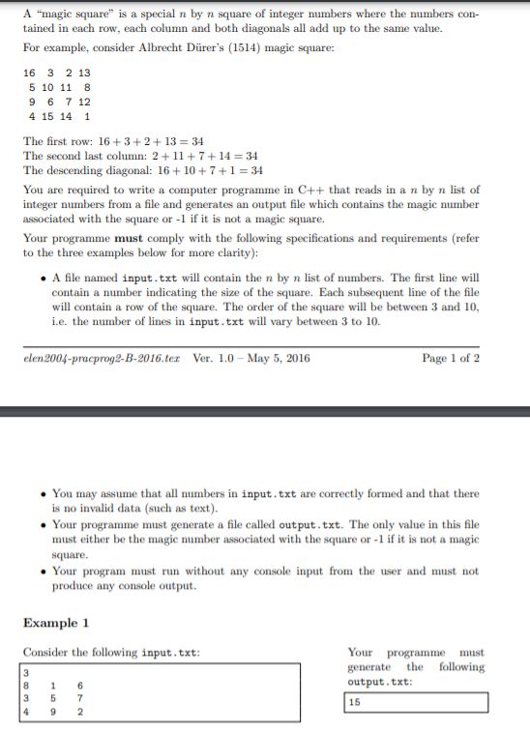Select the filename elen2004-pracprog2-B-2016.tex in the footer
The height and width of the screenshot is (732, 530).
(103, 358)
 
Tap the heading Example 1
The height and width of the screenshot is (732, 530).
(56, 623)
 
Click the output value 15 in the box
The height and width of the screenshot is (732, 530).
(356, 703)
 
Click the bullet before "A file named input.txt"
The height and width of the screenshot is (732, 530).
(44, 277)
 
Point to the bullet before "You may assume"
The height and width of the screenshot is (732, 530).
(44, 493)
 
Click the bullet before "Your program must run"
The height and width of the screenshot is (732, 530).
(44, 571)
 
